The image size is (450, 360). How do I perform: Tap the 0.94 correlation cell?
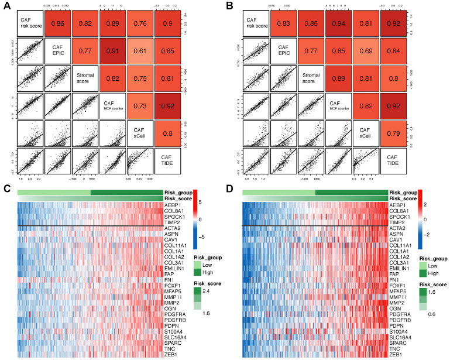click(x=338, y=22)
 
